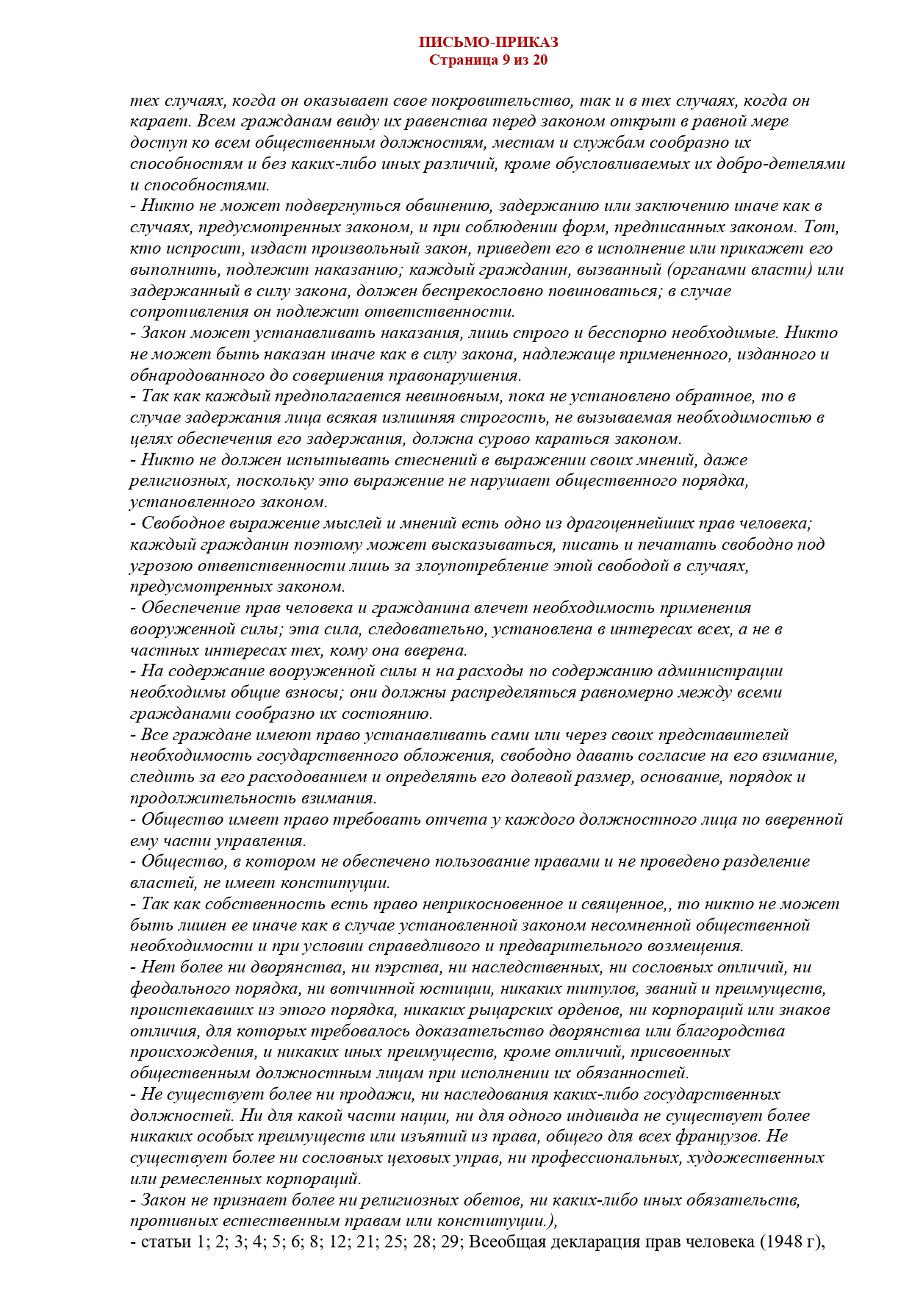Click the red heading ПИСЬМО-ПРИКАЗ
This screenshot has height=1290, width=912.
488,43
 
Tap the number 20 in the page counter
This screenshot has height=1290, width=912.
539,60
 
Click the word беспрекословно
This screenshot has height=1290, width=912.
489,291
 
